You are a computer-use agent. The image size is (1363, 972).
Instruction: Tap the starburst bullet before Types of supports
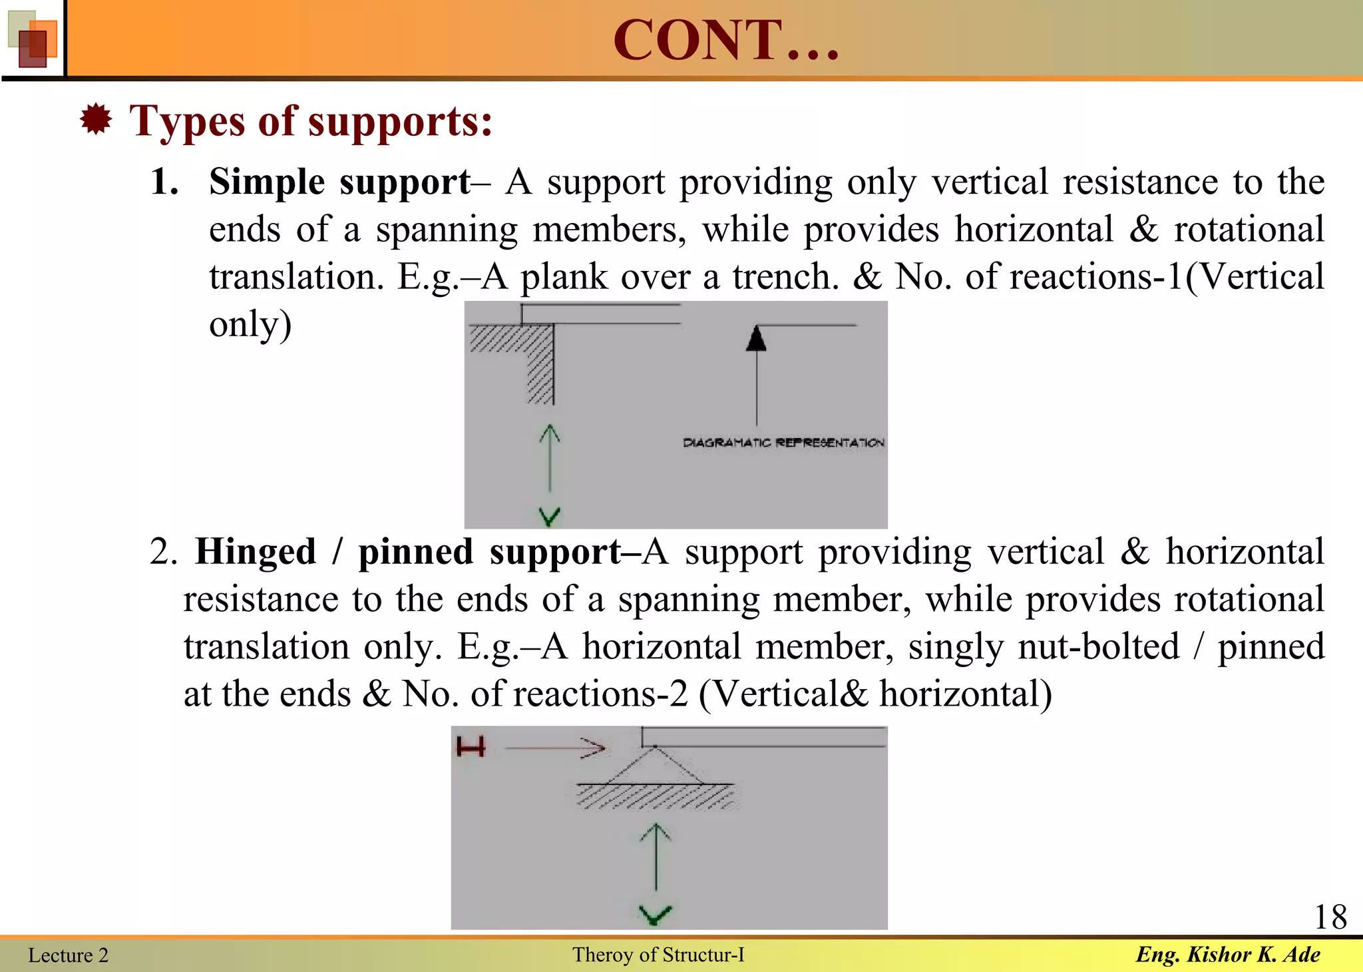[96, 120]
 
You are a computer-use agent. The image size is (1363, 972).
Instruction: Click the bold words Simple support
[339, 182]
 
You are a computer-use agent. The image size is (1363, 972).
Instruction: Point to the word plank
[564, 277]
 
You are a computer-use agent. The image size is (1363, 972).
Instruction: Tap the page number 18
[1330, 917]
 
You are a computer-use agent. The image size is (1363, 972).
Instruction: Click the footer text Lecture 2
[68, 955]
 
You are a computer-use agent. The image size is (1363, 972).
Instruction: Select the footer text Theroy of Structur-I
[658, 955]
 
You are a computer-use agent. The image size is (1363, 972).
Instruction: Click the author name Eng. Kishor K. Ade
[1228, 955]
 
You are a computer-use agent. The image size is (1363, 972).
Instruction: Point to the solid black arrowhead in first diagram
[756, 339]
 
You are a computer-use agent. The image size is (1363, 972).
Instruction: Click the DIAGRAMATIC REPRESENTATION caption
[783, 443]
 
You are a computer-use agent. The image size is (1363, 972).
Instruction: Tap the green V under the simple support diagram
[549, 516]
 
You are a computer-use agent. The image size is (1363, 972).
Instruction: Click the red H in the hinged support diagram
[471, 748]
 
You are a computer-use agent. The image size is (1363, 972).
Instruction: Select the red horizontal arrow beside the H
[556, 748]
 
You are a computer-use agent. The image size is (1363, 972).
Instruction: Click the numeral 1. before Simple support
[164, 182]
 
